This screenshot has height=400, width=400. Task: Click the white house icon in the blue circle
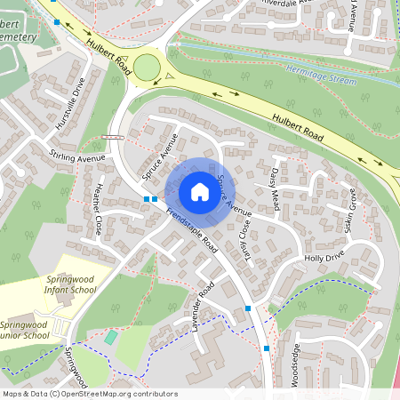click(200, 191)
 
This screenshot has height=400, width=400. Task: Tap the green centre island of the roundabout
click(147, 67)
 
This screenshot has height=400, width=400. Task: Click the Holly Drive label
click(324, 258)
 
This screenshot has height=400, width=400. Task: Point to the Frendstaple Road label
click(191, 226)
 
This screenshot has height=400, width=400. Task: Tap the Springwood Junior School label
click(25, 330)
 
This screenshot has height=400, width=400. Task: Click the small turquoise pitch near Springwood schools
click(109, 337)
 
